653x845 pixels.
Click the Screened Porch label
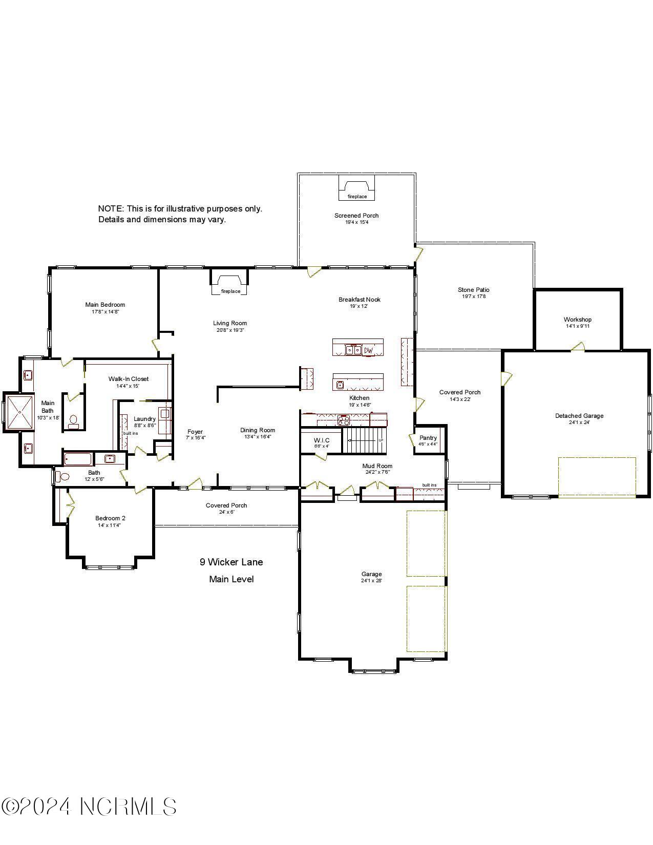click(x=356, y=216)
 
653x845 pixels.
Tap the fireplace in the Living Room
click(x=230, y=283)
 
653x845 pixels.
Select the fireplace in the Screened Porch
click(x=357, y=189)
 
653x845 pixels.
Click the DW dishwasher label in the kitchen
click(x=369, y=350)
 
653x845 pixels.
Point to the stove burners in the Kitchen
click(x=343, y=420)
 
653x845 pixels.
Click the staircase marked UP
click(x=365, y=440)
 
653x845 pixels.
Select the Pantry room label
click(x=428, y=438)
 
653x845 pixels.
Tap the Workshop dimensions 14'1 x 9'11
click(x=577, y=326)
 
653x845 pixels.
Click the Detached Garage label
click(x=579, y=416)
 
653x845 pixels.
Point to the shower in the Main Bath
click(x=19, y=411)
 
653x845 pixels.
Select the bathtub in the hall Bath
click(x=78, y=459)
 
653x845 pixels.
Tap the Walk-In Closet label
click(x=128, y=379)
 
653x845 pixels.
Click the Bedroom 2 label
click(x=110, y=518)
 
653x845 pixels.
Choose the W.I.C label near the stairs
click(x=321, y=440)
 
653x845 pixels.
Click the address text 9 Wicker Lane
click(x=231, y=562)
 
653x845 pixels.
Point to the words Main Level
click(x=231, y=579)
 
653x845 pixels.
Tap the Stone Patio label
click(x=473, y=290)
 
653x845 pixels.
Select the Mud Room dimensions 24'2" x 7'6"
click(x=377, y=472)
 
